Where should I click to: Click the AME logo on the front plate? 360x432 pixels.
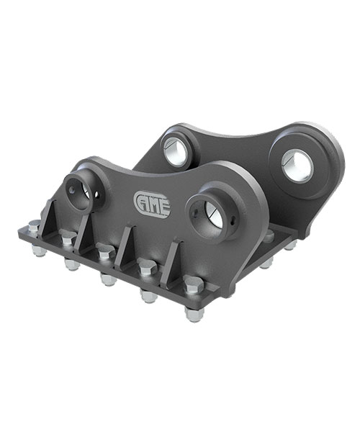[x=152, y=205]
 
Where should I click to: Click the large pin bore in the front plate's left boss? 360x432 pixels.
[x=86, y=191]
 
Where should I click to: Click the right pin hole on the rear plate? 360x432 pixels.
[x=297, y=165]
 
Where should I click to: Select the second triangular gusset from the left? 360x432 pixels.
[x=84, y=234]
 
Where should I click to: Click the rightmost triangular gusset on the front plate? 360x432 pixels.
[x=171, y=265]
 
